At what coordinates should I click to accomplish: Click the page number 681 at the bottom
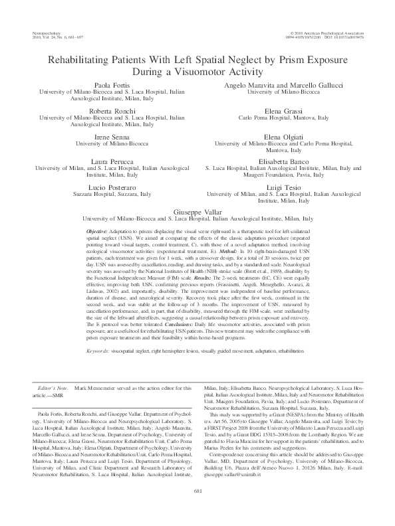coord(197,509)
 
